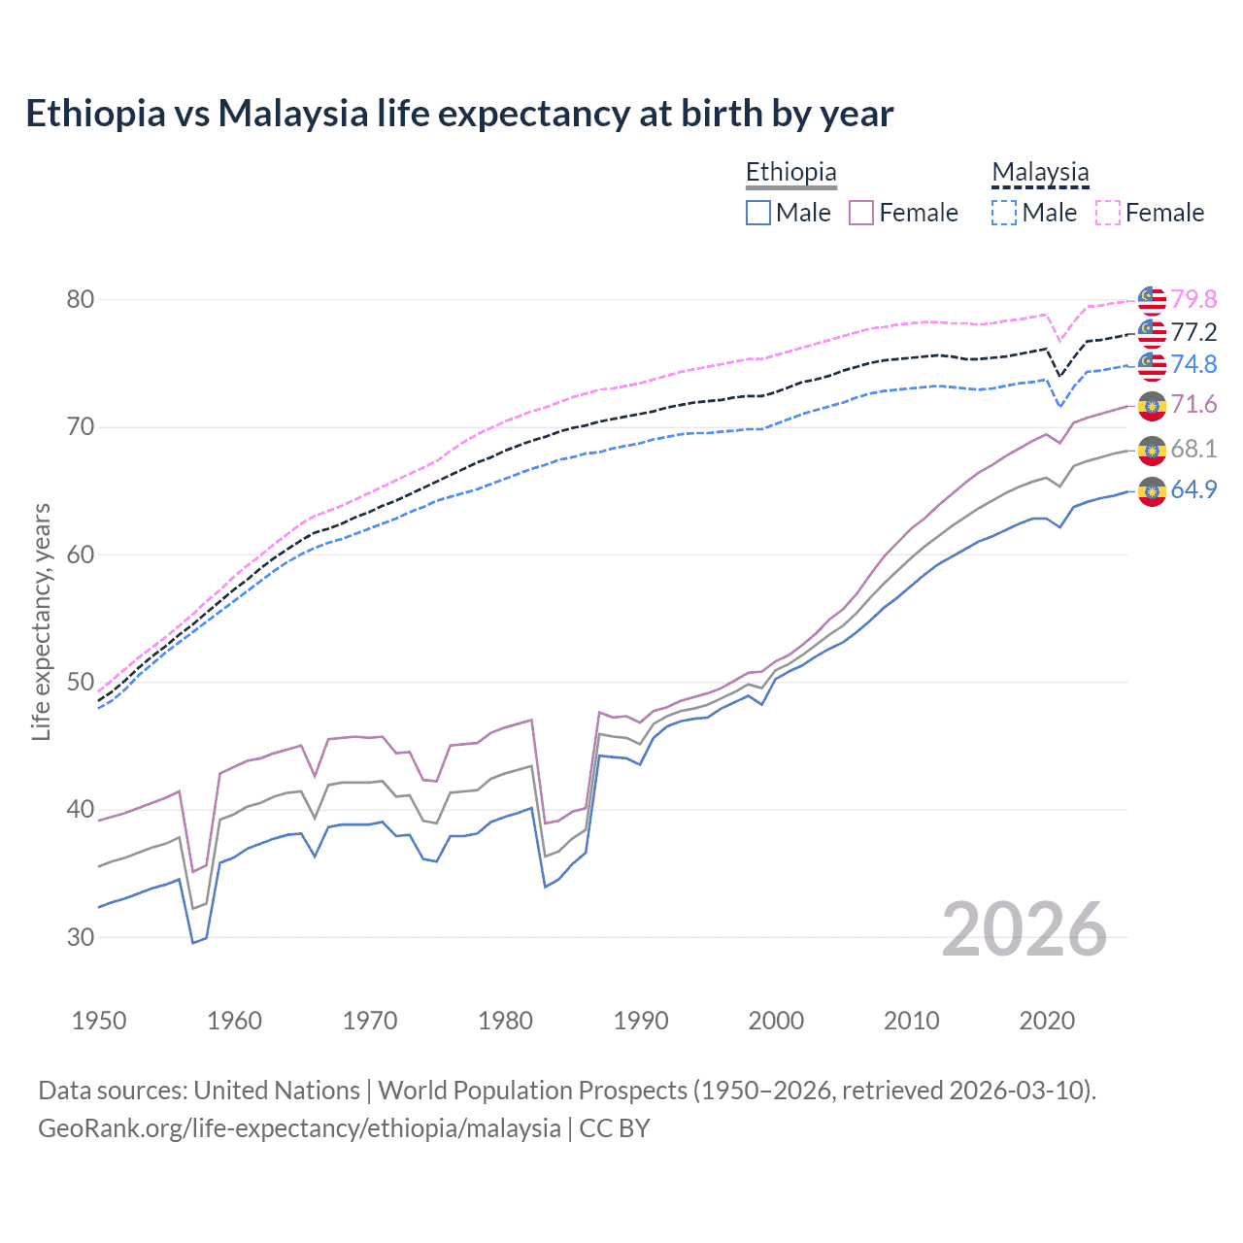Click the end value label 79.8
coord(1193,299)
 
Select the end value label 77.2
coord(1193,332)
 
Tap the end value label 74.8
coord(1193,364)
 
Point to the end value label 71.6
coord(1193,404)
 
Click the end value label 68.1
coord(1193,449)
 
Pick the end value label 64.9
coord(1193,489)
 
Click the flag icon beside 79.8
coord(1152,300)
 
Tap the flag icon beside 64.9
coord(1152,491)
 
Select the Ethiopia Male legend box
coord(758,213)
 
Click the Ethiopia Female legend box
coord(861,213)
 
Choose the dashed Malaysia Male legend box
coord(1004,213)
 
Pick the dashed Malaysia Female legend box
coord(1108,213)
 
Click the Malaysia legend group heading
coord(1040,173)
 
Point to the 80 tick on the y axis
coord(81,299)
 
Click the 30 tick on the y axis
coord(81,937)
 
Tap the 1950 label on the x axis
coord(99,1021)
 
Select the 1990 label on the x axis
coord(641,1021)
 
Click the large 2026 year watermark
coord(1024,929)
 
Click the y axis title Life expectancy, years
coord(41,621)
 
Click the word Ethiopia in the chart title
coord(95,114)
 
